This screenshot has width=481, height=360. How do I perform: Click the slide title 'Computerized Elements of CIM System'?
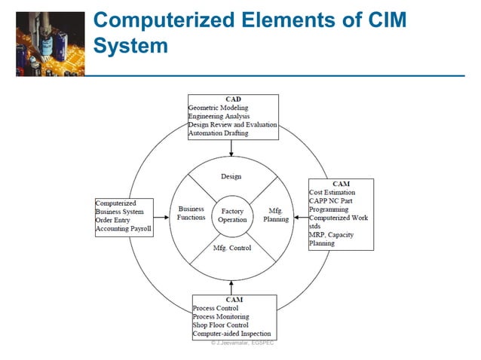pos(249,34)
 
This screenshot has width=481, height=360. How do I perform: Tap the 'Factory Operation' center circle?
pos(232,215)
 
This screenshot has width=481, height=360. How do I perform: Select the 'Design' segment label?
pos(231,176)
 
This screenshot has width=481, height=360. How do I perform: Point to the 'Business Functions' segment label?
pos(191,213)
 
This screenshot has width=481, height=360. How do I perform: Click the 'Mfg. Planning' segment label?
pos(275,215)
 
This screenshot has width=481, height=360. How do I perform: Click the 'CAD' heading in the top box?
pos(233,99)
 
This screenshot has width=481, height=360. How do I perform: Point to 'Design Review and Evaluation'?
pos(232,124)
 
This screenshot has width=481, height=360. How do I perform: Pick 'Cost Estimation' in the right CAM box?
pos(332,193)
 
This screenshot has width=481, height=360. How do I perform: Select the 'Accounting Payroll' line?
pos(124,229)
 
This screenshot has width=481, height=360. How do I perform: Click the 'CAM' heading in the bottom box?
pos(233,300)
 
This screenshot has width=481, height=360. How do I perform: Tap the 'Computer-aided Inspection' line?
pos(231,334)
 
